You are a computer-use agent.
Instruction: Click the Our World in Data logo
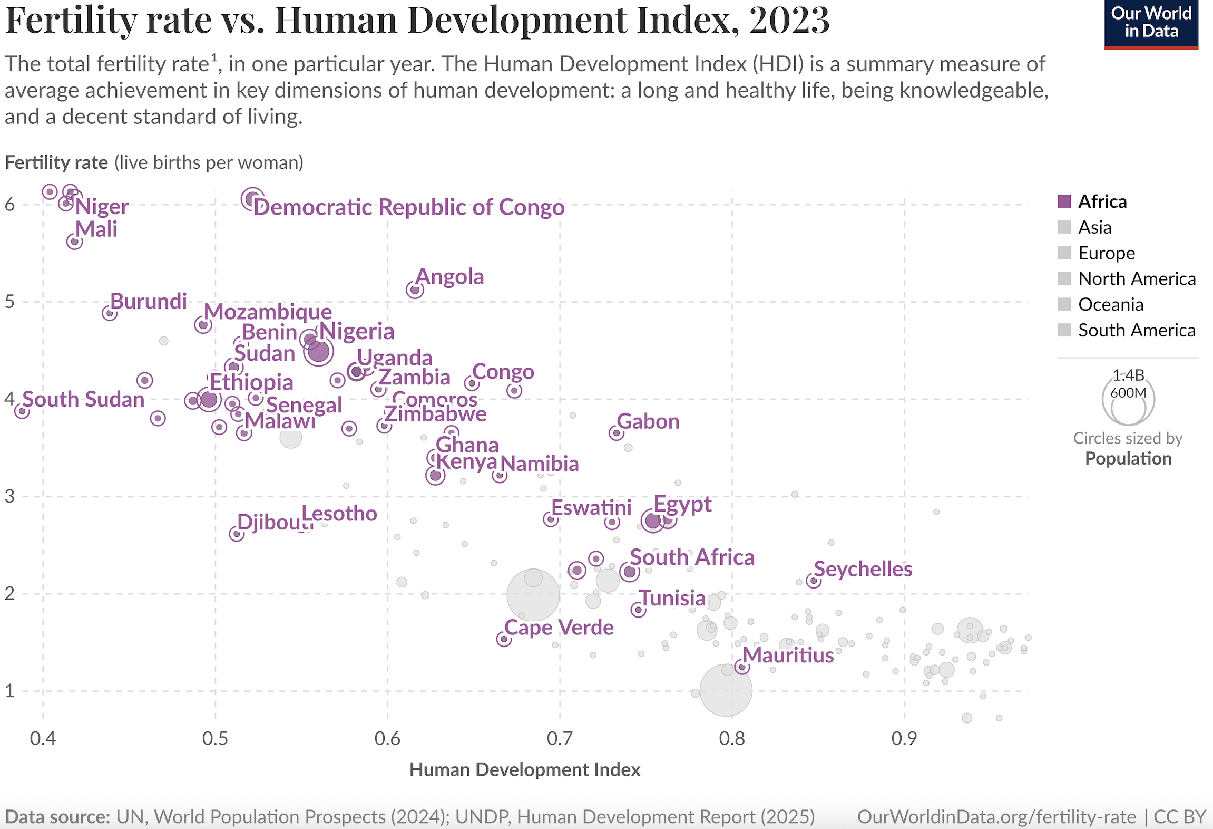pyautogui.click(x=1151, y=23)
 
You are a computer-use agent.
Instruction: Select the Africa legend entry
pyautogui.click(x=1102, y=201)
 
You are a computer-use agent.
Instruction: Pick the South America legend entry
pyautogui.click(x=1137, y=330)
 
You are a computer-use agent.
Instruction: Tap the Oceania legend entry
pyautogui.click(x=1110, y=304)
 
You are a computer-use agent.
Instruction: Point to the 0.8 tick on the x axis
pyautogui.click(x=732, y=738)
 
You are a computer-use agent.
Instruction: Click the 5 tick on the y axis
pyautogui.click(x=10, y=302)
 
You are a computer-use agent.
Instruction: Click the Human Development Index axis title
pyautogui.click(x=525, y=770)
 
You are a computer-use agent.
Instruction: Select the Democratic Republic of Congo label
pyautogui.click(x=409, y=207)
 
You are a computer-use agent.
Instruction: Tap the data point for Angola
pyautogui.click(x=415, y=290)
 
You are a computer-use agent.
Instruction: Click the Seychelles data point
pyautogui.click(x=814, y=581)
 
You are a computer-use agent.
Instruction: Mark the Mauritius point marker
pyautogui.click(x=742, y=667)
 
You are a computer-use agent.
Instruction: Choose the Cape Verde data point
pyautogui.click(x=504, y=639)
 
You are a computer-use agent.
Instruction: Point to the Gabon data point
pyautogui.click(x=617, y=433)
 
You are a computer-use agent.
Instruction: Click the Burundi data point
pyautogui.click(x=110, y=313)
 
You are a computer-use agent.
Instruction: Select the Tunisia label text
pyautogui.click(x=672, y=598)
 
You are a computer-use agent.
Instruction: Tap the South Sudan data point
pyautogui.click(x=22, y=411)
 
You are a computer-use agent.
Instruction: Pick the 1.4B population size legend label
pyautogui.click(x=1128, y=375)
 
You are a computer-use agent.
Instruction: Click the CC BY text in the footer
pyautogui.click(x=1180, y=817)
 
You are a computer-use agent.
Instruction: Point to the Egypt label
pyautogui.click(x=682, y=505)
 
